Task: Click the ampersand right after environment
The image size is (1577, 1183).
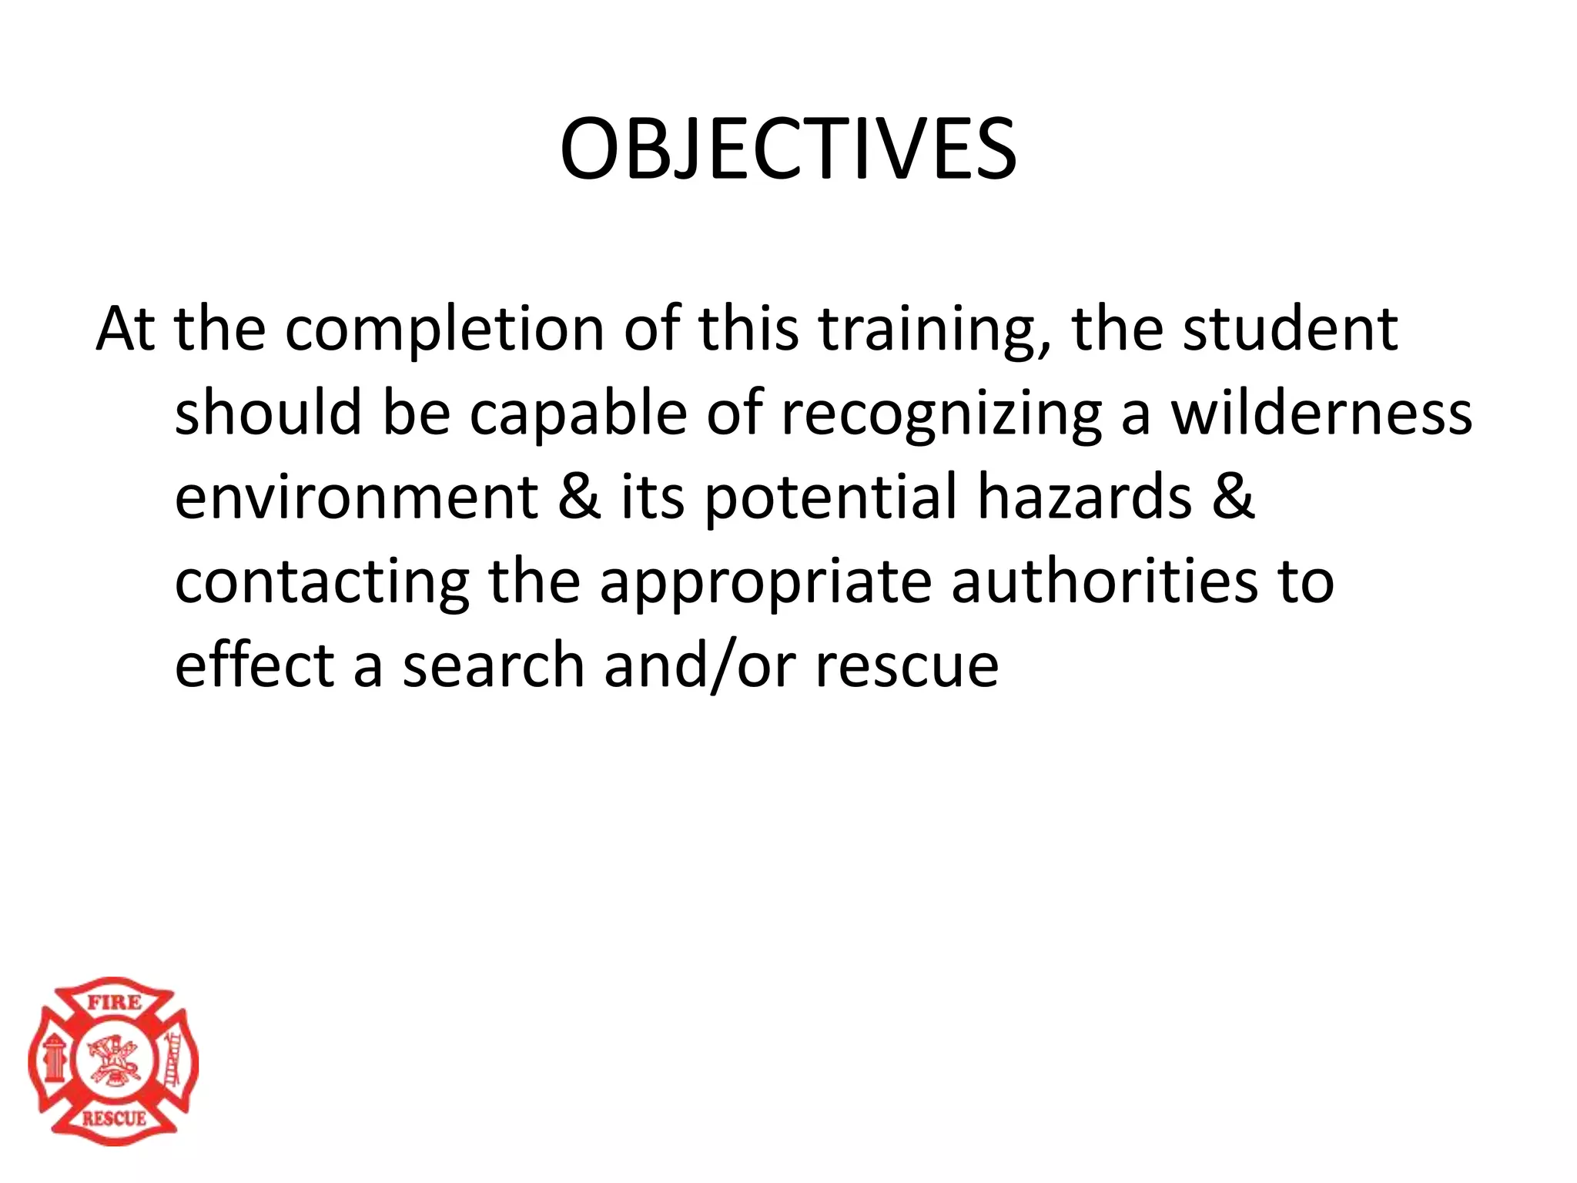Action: (580, 497)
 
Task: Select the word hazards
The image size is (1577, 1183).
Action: (1085, 497)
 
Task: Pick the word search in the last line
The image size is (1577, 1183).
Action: (494, 665)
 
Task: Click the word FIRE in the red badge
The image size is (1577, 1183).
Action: (114, 1002)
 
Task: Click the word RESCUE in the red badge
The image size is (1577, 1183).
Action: (114, 1118)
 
